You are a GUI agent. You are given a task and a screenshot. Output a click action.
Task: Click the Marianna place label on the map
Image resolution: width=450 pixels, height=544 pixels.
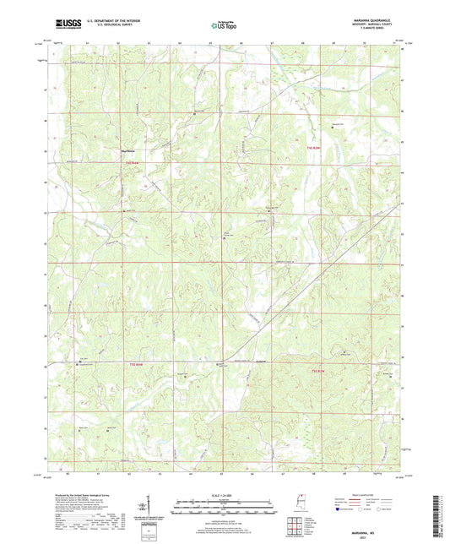(122, 151)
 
